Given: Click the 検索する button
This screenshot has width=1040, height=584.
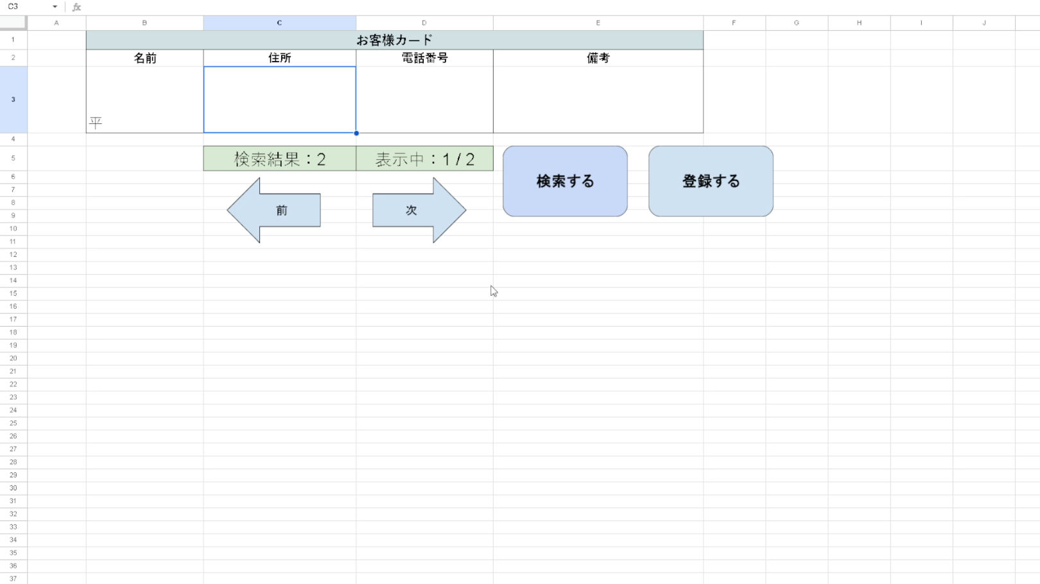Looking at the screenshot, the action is [x=565, y=181].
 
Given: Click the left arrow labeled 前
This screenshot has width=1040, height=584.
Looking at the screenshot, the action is [x=273, y=210].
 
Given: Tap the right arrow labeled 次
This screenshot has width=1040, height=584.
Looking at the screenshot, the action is [x=419, y=210].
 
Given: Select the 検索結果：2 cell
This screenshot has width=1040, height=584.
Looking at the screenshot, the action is [x=279, y=159].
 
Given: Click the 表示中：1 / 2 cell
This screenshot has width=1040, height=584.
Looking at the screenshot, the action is [x=425, y=159].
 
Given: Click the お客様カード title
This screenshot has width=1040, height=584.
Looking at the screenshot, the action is [x=395, y=40].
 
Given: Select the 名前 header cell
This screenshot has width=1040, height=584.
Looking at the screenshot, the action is [x=145, y=58].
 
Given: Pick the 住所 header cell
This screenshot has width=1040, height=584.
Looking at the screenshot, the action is [x=279, y=58].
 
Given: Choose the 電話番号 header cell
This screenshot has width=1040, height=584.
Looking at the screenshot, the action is [x=425, y=58].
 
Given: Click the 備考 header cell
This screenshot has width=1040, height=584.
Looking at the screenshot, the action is [x=598, y=58].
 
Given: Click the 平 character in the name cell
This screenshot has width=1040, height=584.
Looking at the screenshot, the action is [x=96, y=123].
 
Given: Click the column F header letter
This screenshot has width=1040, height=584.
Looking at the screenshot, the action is [x=734, y=22].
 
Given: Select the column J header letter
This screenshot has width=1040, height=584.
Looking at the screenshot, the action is [x=984, y=22].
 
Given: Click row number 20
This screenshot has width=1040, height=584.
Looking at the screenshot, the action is [x=13, y=358].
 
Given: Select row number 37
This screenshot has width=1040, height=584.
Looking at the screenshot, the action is [x=13, y=579].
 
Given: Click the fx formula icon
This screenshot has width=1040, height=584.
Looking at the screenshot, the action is [x=76, y=7].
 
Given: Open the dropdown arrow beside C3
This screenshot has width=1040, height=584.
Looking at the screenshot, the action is [x=55, y=6].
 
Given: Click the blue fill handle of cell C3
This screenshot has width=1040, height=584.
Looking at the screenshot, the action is [x=356, y=133].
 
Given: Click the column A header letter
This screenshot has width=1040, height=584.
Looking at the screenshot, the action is [x=56, y=22].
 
